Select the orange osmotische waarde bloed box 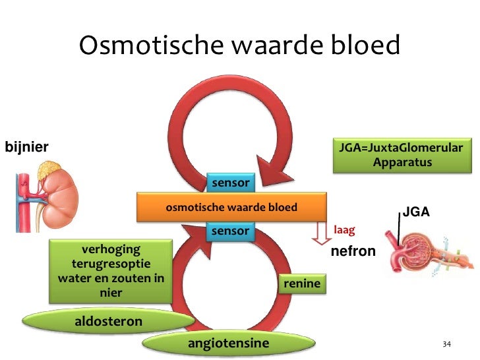(x=231, y=208)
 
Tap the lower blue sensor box (x=229, y=231)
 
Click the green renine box (x=302, y=284)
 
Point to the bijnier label (x=26, y=146)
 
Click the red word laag (x=345, y=230)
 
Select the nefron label (x=353, y=251)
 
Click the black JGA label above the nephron (x=415, y=212)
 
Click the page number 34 (x=446, y=345)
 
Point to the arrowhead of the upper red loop (x=274, y=175)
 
